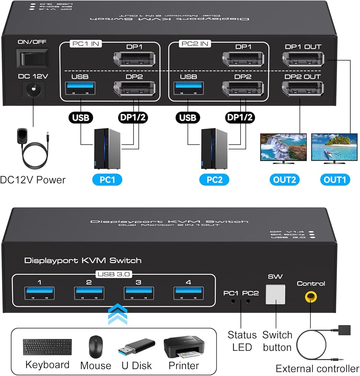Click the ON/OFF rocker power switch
(x=34, y=58)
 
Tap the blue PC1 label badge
(x=107, y=179)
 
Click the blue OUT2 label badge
(x=284, y=179)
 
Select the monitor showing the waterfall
(x=283, y=148)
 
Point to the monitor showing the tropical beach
(x=334, y=148)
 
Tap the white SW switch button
(x=275, y=294)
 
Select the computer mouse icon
(x=95, y=346)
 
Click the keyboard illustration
(x=47, y=347)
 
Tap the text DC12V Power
(x=33, y=180)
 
